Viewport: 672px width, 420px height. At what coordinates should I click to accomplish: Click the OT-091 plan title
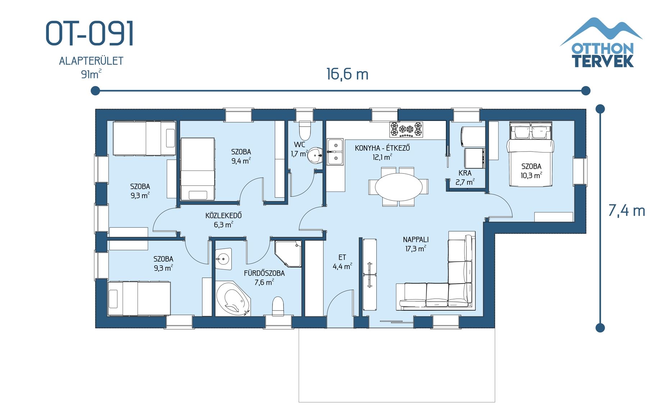coord(90,33)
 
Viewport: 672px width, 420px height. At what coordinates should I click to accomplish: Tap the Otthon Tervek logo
coord(601,43)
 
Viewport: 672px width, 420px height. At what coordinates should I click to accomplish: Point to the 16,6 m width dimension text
coord(347,74)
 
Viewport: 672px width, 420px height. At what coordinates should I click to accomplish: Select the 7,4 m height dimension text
coord(626,211)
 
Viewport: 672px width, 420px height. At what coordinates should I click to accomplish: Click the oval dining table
coord(399,187)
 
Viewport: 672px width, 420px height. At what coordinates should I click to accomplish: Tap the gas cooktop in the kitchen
coord(406,130)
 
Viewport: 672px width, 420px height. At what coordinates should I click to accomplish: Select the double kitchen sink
coord(335,152)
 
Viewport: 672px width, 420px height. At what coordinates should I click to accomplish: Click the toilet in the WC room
coord(305,130)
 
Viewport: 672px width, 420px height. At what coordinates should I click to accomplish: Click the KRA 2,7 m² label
coord(465,178)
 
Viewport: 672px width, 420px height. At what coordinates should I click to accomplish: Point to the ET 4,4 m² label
coord(342,262)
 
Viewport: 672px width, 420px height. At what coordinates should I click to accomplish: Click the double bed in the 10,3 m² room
coord(530,154)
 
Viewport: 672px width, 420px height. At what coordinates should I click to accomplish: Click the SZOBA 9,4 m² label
coord(241,156)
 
